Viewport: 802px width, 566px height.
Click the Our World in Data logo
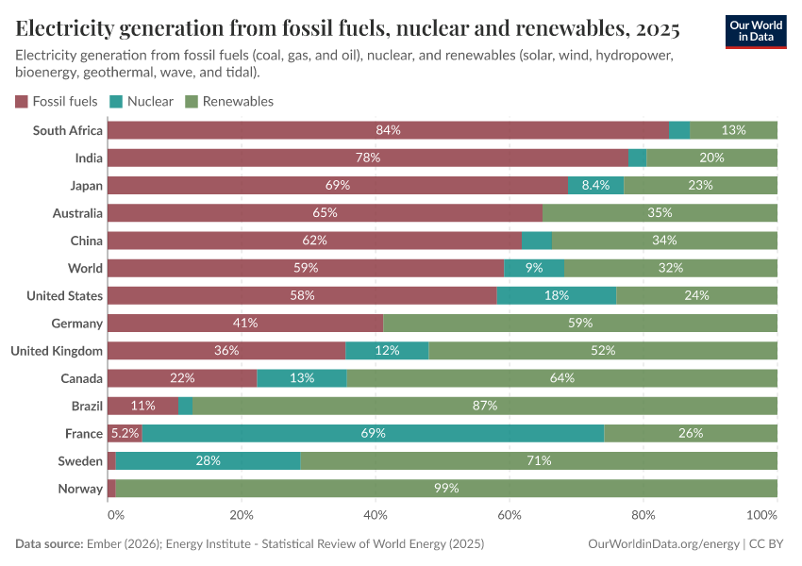755,31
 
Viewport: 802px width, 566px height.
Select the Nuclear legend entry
142,101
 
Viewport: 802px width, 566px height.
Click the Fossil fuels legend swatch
22,101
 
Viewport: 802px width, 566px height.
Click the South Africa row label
67,130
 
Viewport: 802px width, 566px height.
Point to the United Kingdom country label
57,351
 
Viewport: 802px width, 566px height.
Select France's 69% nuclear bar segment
373,434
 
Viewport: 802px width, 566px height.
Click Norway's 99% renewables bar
446,489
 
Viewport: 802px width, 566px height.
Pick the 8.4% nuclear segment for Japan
595,186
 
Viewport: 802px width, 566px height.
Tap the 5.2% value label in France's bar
125,434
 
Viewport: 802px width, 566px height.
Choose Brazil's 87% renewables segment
484,406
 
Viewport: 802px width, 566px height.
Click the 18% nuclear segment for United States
556,296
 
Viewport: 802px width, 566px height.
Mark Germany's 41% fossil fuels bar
245,324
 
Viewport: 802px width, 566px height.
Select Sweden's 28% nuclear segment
208,461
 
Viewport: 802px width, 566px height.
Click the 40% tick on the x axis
376,516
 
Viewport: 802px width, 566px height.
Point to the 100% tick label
761,516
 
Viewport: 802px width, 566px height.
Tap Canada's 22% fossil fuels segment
182,378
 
